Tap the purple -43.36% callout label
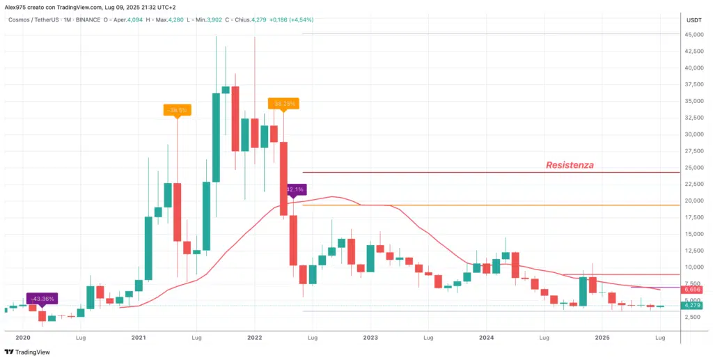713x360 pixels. click(x=40, y=298)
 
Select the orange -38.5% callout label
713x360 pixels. click(x=177, y=109)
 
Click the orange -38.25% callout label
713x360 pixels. click(x=283, y=103)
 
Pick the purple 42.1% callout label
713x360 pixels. click(x=295, y=189)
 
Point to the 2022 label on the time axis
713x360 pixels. click(x=254, y=338)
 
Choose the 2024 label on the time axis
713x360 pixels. click(x=487, y=338)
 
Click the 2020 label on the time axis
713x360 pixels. click(x=23, y=338)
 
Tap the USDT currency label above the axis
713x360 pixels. click(x=694, y=19)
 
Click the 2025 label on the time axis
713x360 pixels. click(x=602, y=338)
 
